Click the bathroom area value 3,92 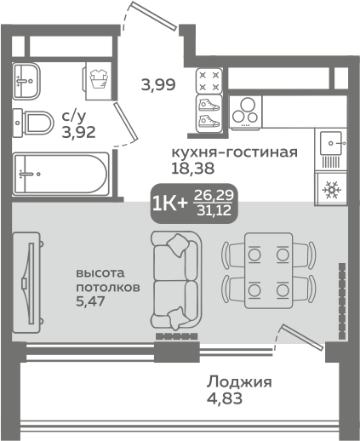77,130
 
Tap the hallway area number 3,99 158,84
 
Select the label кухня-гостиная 234,152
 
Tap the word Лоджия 240,383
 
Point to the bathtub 60,173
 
